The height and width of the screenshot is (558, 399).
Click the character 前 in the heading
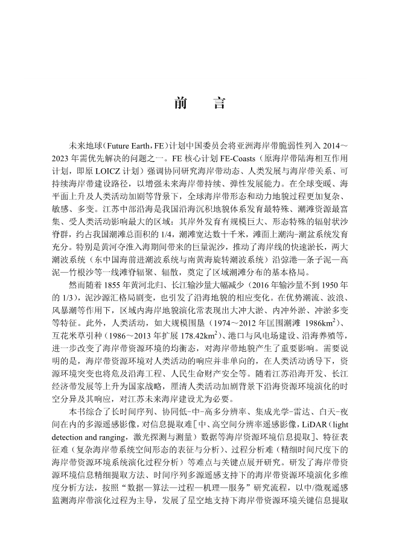point(180,103)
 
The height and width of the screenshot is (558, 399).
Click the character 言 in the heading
point(219,103)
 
